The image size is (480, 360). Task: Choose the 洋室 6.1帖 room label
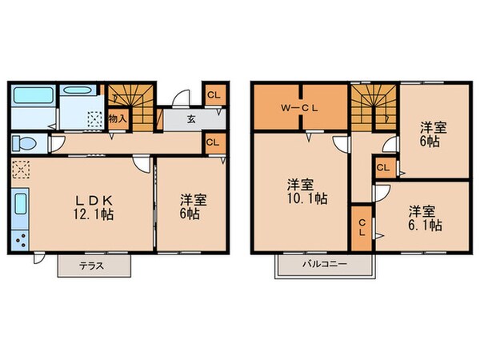coord(425,218)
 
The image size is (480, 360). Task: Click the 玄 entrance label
coord(192,119)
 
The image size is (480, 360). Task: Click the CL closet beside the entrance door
coord(213,95)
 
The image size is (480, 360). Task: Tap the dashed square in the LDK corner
coord(21,170)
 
